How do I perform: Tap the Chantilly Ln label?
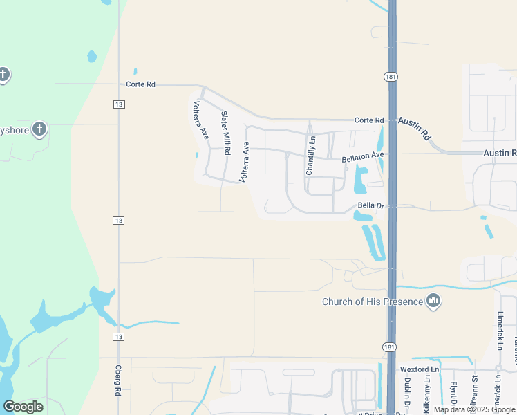point(310,155)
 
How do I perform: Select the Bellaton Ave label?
point(363,158)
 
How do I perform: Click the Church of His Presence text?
point(373,302)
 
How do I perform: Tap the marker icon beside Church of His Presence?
point(433,300)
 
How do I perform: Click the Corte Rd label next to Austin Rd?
point(368,120)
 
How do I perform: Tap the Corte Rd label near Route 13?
point(141,84)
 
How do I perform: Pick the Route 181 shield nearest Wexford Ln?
point(390,345)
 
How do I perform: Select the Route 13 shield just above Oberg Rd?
point(119,337)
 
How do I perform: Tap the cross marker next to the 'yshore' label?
point(39,129)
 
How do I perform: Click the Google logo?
point(23,407)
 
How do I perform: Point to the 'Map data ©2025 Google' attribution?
point(474,409)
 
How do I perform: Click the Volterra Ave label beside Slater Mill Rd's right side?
point(244,161)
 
